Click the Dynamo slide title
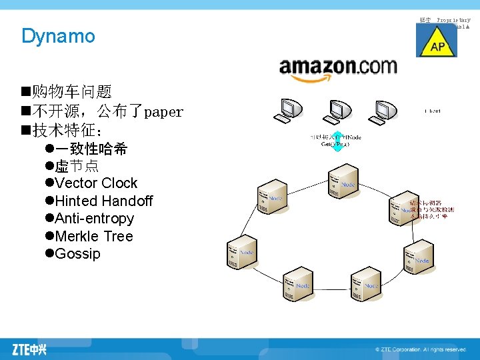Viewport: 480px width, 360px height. tap(58, 36)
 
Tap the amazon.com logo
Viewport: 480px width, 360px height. tap(337, 69)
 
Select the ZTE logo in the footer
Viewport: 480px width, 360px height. tap(29, 349)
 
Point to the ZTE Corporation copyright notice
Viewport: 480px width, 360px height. tap(420, 349)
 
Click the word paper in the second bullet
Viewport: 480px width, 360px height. tap(163, 112)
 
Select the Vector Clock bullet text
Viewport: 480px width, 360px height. tap(96, 183)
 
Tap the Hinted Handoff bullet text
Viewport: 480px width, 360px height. tap(104, 201)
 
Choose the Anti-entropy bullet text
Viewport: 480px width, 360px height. tap(95, 219)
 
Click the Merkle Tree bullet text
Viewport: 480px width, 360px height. tap(94, 237)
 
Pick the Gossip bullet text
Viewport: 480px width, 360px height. tap(78, 254)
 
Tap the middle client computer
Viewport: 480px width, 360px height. tap(337, 111)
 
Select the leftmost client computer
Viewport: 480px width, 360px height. tap(289, 111)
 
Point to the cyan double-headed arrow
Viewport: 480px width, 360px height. tap(337, 143)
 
